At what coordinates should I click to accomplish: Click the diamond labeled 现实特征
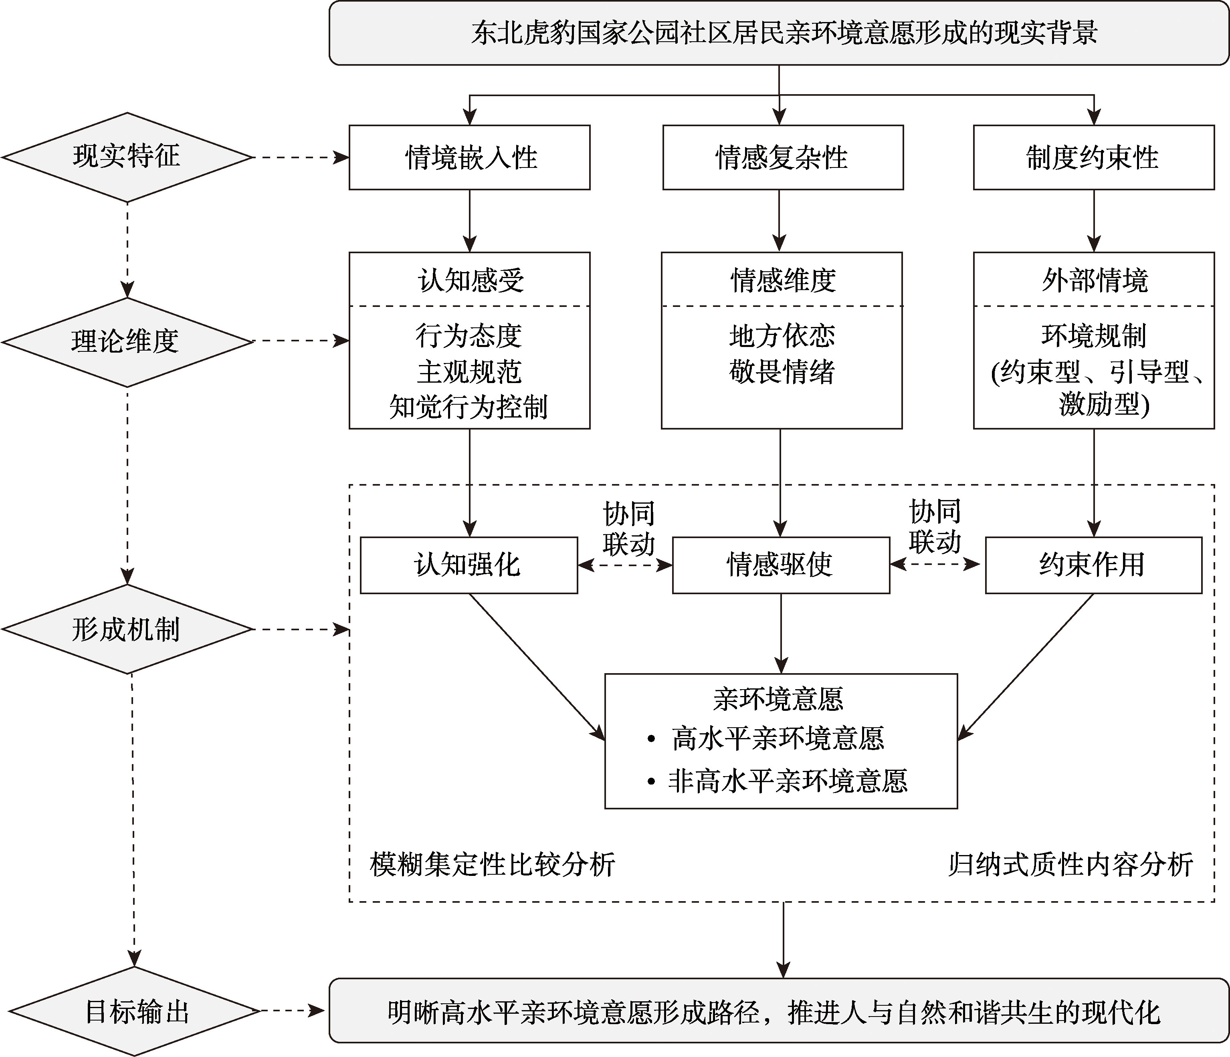coord(127,157)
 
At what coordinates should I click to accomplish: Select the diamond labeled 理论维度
coord(127,342)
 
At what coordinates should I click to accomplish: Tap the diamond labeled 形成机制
coord(127,629)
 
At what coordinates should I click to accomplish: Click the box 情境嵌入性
coord(470,157)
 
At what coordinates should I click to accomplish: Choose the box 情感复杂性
coord(782,157)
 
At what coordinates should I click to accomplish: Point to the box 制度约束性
coord(1093,157)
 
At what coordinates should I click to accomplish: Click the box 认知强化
coord(469,565)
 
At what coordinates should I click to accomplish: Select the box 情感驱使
coord(781,565)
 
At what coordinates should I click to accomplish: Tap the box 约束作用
coord(1093,565)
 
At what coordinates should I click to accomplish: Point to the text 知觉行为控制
coord(469,407)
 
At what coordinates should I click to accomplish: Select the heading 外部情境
coord(1094,280)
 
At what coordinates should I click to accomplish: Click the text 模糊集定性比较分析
coord(492,865)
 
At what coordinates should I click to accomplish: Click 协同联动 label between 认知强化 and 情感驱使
coord(629,528)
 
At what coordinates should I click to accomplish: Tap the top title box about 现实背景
coord(779,32)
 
